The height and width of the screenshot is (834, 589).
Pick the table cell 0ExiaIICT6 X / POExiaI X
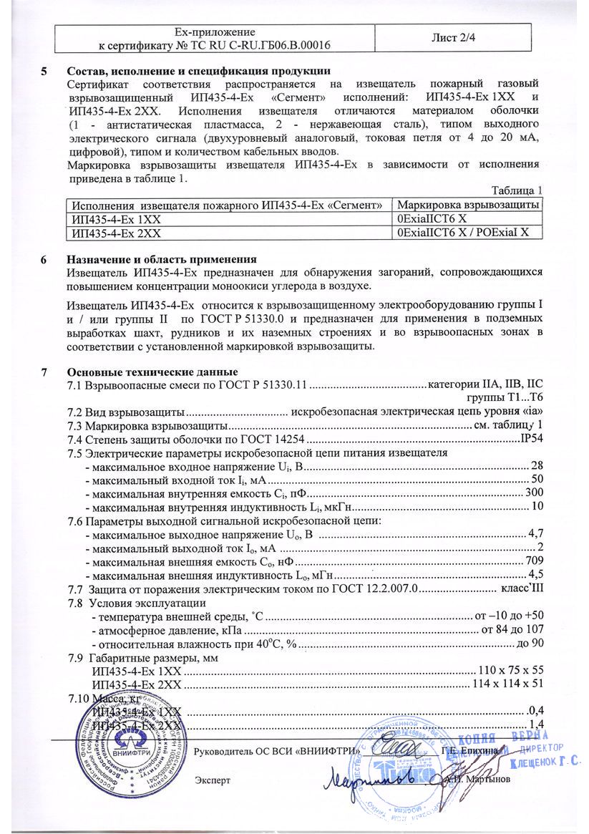462,233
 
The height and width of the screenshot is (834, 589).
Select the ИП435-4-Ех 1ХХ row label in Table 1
113,219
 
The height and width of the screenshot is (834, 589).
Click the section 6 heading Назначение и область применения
161,259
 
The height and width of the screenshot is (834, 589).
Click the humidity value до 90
530,643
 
